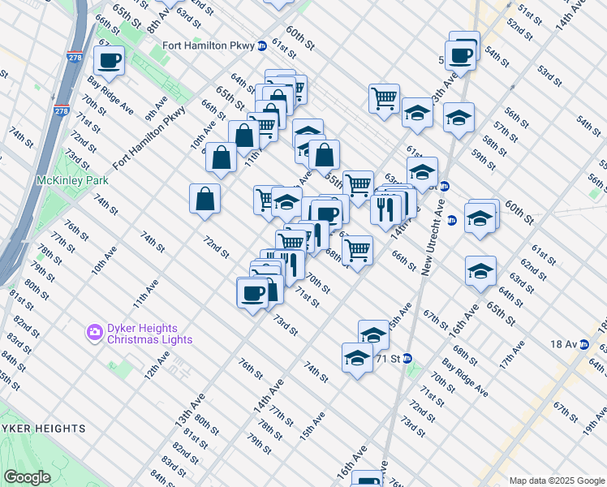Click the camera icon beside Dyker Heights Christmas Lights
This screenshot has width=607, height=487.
tap(94, 331)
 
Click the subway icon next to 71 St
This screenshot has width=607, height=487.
tap(408, 358)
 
